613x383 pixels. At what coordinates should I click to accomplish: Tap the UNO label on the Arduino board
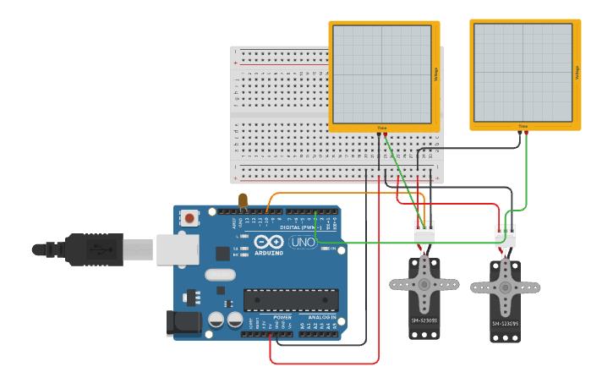[303, 243]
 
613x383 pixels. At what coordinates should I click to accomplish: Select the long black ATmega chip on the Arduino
[291, 300]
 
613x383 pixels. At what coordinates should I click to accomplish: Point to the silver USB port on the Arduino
[176, 249]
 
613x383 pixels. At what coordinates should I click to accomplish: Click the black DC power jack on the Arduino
[185, 322]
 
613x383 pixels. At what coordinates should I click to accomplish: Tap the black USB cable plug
[93, 249]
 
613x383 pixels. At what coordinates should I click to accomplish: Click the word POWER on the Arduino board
[282, 318]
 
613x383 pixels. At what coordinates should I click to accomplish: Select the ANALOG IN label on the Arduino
[321, 318]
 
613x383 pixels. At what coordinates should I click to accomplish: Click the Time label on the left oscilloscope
[381, 128]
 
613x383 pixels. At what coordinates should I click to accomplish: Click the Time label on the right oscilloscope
[523, 127]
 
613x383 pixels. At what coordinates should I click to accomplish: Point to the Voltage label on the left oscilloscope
[435, 74]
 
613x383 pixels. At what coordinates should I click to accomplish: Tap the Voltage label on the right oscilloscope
[577, 74]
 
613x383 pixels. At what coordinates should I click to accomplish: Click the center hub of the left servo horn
[424, 285]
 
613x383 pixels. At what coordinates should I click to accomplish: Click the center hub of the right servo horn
[505, 287]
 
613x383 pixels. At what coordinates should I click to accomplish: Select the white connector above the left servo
[424, 232]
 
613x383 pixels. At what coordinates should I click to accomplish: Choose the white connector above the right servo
[505, 235]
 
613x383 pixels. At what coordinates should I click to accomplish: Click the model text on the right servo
[505, 323]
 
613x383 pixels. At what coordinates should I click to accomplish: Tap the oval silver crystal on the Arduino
[219, 274]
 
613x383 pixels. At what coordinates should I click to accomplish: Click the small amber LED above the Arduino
[244, 200]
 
